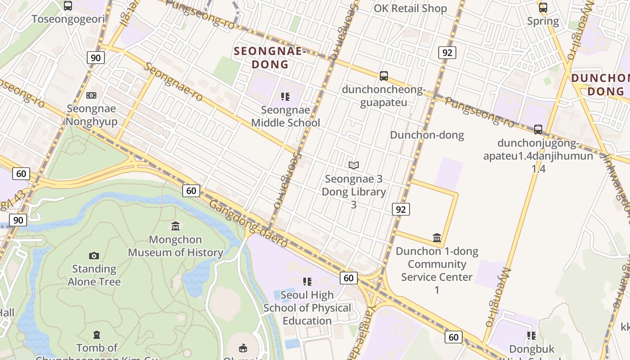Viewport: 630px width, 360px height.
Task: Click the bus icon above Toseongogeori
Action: point(68,6)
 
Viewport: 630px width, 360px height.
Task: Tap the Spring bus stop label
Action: point(543,21)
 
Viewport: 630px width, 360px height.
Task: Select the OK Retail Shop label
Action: point(410,9)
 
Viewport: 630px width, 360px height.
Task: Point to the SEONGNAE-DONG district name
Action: point(270,58)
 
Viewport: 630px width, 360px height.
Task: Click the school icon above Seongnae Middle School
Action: point(285,96)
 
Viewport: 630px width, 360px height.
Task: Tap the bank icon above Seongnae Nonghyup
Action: point(91,95)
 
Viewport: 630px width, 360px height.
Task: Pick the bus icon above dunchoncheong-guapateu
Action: point(384,76)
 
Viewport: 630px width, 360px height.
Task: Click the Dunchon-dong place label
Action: point(427,135)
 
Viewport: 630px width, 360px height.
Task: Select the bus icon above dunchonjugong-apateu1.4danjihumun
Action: point(538,130)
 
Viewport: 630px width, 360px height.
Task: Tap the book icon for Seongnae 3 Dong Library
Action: point(354,165)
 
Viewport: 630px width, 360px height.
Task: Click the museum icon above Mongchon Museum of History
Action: point(175,226)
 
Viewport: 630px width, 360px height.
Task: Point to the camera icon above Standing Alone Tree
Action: point(94,256)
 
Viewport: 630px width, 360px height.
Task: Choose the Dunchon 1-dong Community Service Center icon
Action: point(436,238)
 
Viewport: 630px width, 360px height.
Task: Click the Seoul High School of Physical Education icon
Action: point(307,282)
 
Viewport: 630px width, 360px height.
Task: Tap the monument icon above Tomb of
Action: point(97,335)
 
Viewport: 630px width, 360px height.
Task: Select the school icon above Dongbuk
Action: point(531,336)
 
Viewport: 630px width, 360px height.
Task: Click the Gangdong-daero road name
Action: point(248,223)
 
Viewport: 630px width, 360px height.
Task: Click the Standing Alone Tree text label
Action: point(94,275)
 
